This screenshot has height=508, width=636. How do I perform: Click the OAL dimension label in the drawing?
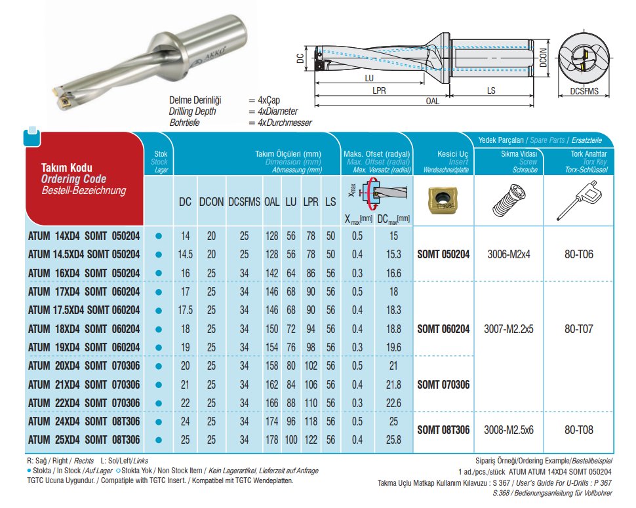(x=431, y=101)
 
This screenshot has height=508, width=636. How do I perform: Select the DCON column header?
(x=211, y=203)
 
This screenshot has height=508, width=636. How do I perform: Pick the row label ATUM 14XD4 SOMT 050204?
(x=84, y=236)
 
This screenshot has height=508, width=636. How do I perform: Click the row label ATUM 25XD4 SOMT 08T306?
(x=84, y=439)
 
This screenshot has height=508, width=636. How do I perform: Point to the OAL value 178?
(x=271, y=439)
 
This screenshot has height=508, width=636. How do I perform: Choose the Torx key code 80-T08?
(x=578, y=430)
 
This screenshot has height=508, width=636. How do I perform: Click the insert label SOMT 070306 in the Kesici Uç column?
(x=443, y=384)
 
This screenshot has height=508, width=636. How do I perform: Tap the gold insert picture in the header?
(x=443, y=200)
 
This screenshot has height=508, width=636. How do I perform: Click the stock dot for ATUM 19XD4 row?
(x=157, y=347)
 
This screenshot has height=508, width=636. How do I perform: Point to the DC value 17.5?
(x=186, y=309)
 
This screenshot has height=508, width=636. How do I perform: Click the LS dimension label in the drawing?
(x=491, y=91)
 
